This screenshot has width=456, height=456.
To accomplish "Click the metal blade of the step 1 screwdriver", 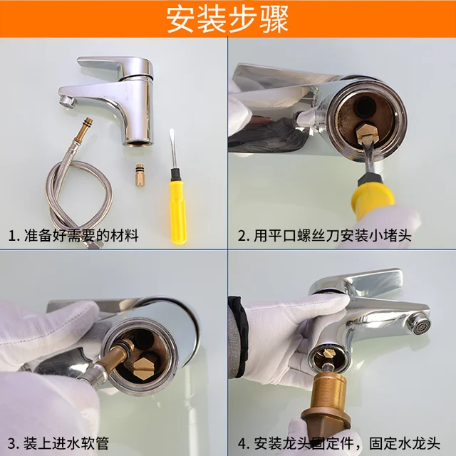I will point(172,149).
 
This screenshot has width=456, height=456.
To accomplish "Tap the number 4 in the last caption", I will point(242,442).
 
